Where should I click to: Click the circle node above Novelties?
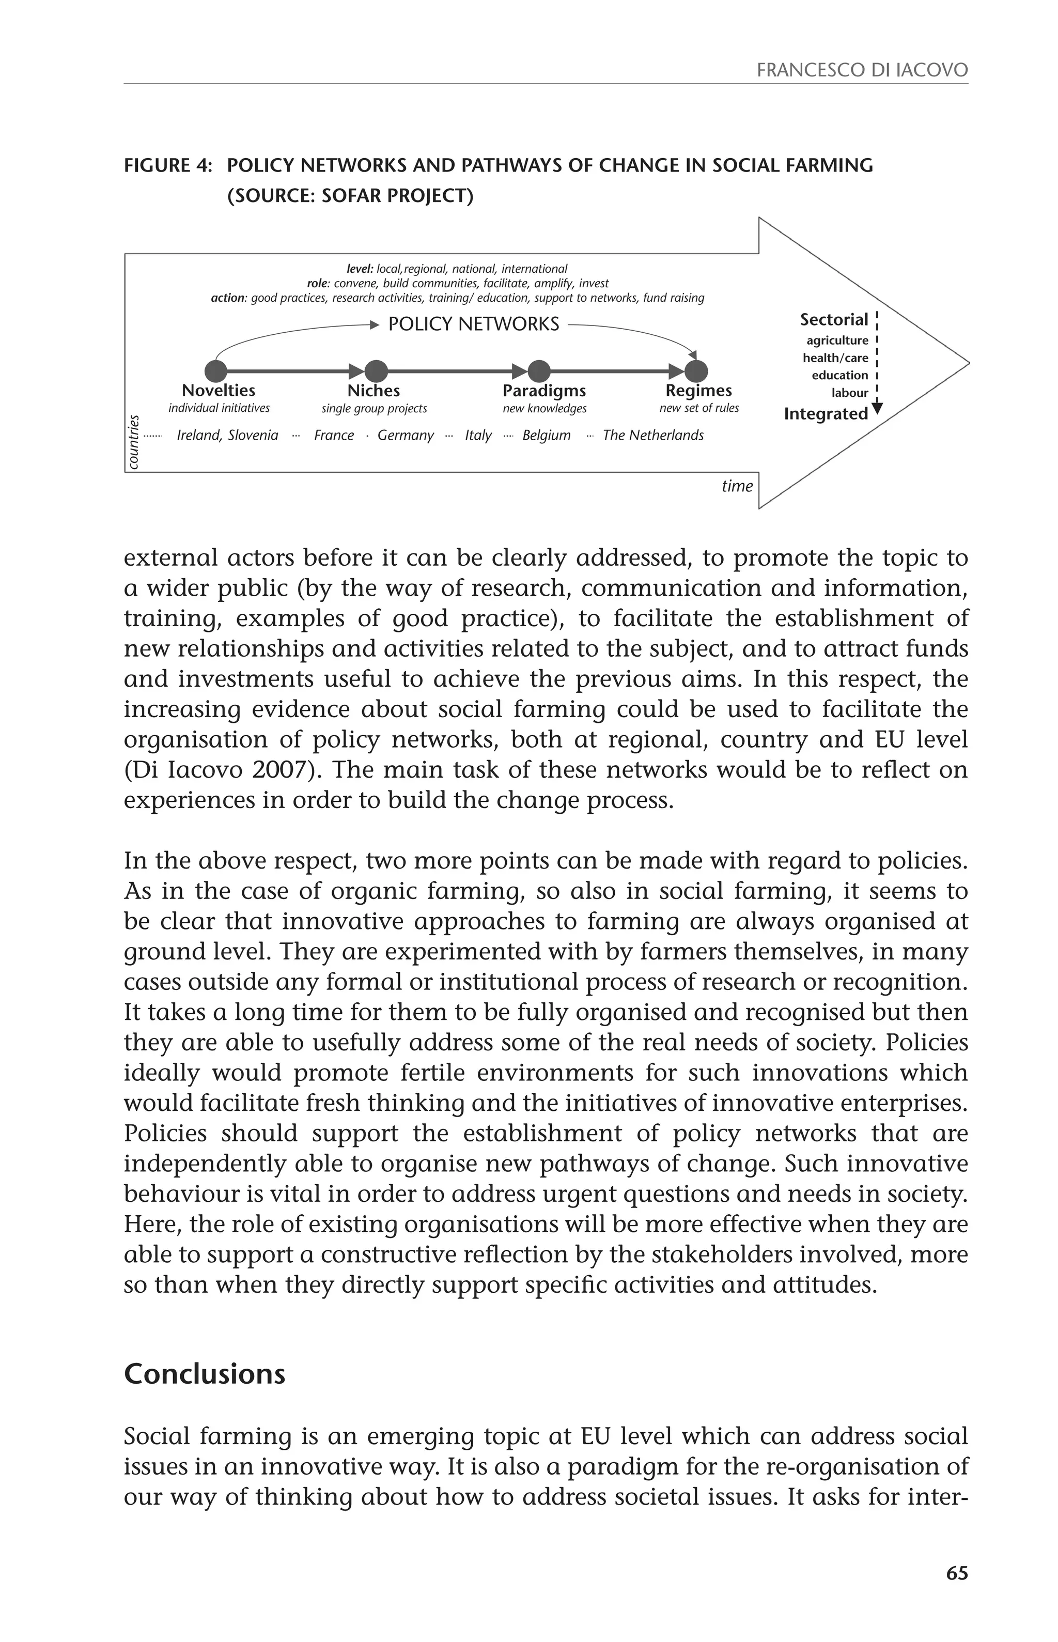pyautogui.click(x=216, y=371)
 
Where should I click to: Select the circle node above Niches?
pyautogui.click(x=376, y=371)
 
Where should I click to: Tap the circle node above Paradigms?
pyautogui.click(x=539, y=371)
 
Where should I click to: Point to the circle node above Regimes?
pyautogui.click(x=696, y=371)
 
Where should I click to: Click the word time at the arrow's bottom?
pyautogui.click(x=737, y=486)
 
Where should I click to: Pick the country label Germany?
pyautogui.click(x=406, y=435)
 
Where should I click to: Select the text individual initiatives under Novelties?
pyautogui.click(x=219, y=408)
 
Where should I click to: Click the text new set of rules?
pyautogui.click(x=698, y=408)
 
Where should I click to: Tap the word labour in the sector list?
pyautogui.click(x=850, y=393)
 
